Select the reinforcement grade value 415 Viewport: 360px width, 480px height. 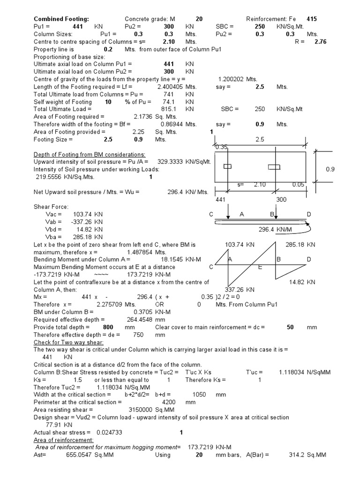312,19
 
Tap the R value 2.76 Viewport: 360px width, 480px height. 320,42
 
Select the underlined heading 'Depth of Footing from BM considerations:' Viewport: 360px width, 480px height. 90,155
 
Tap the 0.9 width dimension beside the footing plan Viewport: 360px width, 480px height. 331,169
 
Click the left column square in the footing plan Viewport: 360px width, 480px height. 228,167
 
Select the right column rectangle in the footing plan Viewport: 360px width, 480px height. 274,167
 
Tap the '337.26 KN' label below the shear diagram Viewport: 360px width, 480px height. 240,289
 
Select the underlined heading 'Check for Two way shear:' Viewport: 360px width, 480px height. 68,342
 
